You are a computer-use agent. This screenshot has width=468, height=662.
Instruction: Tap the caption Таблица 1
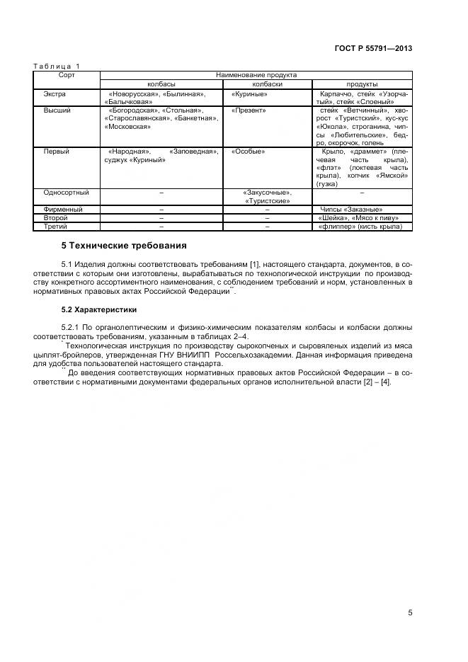[x=57, y=67]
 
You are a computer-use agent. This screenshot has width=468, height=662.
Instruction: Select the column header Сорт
[x=67, y=74]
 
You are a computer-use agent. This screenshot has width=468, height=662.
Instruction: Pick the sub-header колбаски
[x=267, y=84]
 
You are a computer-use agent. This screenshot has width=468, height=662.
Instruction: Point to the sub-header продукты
[x=361, y=84]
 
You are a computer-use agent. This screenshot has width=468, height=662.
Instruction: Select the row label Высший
[x=57, y=110]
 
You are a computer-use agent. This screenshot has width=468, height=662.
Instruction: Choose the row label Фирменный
[x=63, y=210]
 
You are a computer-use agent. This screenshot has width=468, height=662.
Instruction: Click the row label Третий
[x=55, y=227]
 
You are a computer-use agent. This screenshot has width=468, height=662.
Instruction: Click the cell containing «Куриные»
[x=249, y=93]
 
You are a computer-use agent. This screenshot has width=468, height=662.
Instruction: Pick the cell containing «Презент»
[x=249, y=110]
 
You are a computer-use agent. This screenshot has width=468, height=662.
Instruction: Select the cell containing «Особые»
[x=248, y=151]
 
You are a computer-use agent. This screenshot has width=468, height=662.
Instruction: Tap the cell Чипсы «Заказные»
[x=352, y=210]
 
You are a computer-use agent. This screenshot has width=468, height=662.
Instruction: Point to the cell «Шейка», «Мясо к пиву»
[x=359, y=218]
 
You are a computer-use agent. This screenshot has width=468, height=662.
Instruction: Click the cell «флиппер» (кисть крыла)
[x=360, y=227]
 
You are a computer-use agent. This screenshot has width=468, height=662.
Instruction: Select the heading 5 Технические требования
[x=124, y=246]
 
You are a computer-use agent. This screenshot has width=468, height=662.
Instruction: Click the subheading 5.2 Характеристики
[x=99, y=309]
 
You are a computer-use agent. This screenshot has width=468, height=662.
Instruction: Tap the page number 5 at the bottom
[x=410, y=613]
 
